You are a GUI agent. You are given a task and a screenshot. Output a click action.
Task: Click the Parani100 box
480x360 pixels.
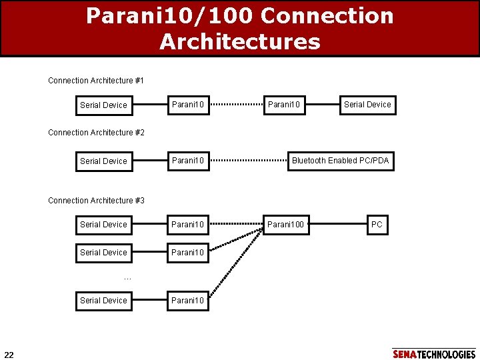285,225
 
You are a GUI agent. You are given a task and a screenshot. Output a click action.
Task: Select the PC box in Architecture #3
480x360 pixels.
377,225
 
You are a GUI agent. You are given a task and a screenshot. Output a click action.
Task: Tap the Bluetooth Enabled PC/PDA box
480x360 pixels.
340,161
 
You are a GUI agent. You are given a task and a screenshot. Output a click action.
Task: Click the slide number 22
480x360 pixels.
9,353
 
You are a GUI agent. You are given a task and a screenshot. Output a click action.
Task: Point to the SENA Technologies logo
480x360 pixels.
434,354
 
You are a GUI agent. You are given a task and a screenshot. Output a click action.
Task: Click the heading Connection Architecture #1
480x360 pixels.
96,81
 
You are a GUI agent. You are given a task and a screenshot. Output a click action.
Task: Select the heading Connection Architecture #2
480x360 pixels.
96,133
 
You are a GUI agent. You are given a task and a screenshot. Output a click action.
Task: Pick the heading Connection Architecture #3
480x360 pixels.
96,201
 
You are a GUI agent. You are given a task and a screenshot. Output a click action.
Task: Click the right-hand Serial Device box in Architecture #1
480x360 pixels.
367,105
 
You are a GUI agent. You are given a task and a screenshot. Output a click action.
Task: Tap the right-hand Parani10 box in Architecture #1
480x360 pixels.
284,105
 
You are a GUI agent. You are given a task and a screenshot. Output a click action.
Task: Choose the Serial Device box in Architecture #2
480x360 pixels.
103,161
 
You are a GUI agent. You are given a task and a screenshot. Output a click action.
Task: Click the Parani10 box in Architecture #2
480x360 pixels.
188,161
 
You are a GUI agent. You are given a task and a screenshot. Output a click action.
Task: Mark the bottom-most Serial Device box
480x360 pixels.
103,301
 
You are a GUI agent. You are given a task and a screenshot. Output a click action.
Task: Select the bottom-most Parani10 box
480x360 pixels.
188,301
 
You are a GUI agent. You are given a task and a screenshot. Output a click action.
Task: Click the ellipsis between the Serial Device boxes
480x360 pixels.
127,278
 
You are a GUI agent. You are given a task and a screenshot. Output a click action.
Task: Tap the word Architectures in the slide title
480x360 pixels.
239,42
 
